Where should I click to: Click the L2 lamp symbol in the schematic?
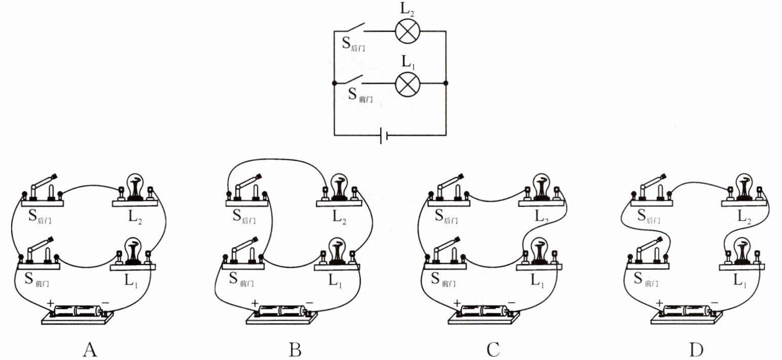click(405, 31)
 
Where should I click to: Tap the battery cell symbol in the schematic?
click(384, 135)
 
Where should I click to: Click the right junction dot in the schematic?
click(446, 83)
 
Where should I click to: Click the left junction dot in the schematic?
click(334, 83)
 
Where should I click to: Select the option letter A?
click(89, 349)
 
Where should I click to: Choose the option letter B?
click(295, 349)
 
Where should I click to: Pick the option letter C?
click(493, 349)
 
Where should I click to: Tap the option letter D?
click(695, 349)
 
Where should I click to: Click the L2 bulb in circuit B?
click(338, 189)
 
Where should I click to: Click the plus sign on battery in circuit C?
click(457, 303)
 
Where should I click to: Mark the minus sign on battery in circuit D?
click(714, 303)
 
